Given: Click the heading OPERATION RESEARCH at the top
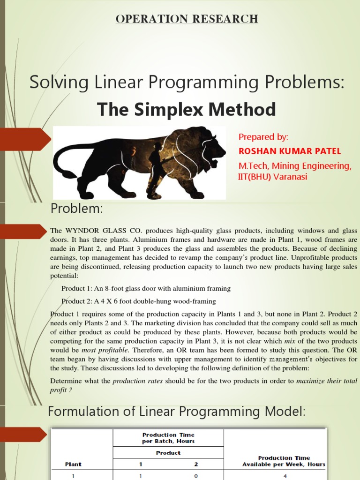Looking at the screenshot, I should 187,19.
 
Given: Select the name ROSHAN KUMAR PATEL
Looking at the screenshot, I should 290,151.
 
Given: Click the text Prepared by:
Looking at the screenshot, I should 263,137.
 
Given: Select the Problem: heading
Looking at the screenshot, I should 76,209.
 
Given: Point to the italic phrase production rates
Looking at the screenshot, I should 137,381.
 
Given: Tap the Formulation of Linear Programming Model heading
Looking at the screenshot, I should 177,412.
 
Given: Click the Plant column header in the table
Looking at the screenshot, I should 73,464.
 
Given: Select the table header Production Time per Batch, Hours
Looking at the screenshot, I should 168,438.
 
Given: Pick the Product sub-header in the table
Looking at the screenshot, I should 168,453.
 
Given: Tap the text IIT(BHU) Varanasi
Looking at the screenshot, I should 273,177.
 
